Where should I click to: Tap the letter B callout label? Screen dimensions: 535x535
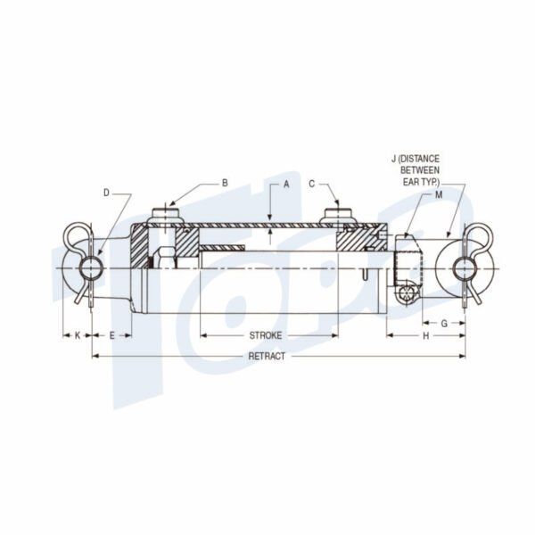point(225,183)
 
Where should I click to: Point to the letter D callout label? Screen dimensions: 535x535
point(106,192)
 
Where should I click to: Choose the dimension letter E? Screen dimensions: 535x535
point(111,335)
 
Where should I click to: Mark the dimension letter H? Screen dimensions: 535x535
point(425,335)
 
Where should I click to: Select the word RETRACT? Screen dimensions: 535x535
point(267,356)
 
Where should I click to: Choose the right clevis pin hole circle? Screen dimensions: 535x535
point(464,267)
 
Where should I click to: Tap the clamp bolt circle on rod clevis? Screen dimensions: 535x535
point(408,295)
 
